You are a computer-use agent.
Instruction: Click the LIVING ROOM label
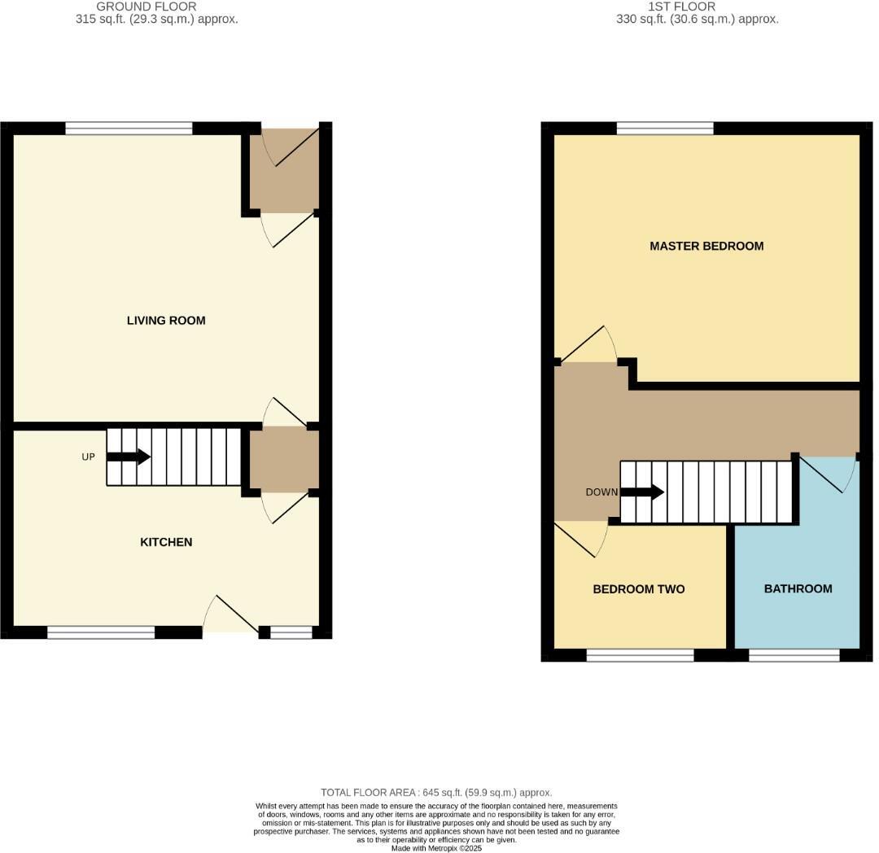click(x=166, y=321)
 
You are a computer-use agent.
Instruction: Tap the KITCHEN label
click(x=166, y=542)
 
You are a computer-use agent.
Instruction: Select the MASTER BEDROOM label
click(x=706, y=246)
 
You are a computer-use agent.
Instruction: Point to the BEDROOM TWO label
click(x=638, y=589)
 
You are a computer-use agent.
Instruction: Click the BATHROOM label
click(x=798, y=588)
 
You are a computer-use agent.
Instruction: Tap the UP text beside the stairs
click(x=89, y=457)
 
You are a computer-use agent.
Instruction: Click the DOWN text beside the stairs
click(x=601, y=492)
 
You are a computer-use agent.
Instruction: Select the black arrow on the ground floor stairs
click(x=129, y=457)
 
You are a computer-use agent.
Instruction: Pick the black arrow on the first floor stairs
click(x=643, y=492)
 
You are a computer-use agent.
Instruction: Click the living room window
click(x=129, y=128)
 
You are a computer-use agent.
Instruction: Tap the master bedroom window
click(x=665, y=128)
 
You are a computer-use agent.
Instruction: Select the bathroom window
click(x=794, y=655)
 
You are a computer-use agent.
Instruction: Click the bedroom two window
click(x=640, y=655)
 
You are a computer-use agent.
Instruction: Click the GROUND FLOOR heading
click(x=146, y=7)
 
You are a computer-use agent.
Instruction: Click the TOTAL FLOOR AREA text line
click(x=436, y=792)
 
